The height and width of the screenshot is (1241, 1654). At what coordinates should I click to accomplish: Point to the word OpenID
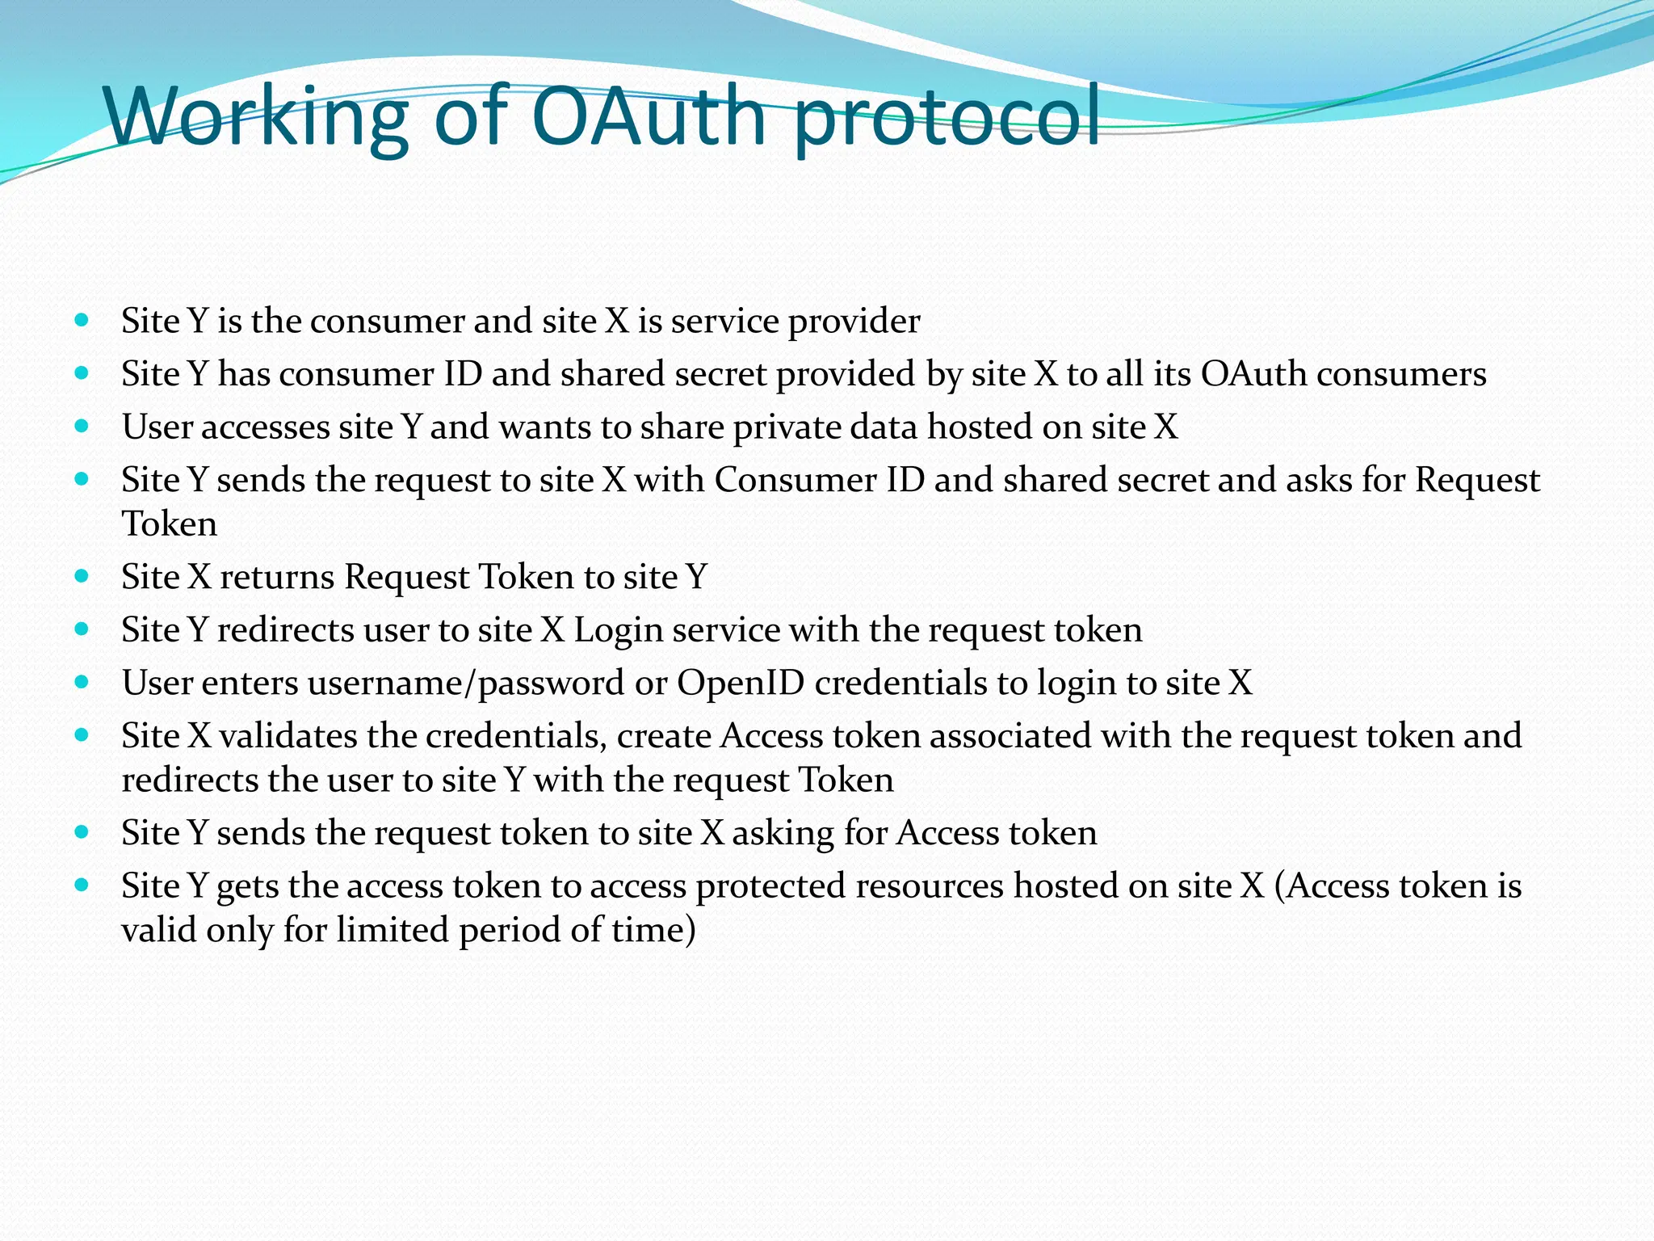pos(741,684)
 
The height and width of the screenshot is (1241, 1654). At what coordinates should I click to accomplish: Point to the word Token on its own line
pos(170,524)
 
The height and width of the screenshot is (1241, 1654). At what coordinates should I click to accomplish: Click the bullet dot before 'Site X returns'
pos(82,577)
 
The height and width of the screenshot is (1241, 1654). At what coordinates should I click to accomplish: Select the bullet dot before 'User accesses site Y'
pos(82,426)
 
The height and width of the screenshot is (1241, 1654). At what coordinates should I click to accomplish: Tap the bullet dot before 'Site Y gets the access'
pos(82,886)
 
